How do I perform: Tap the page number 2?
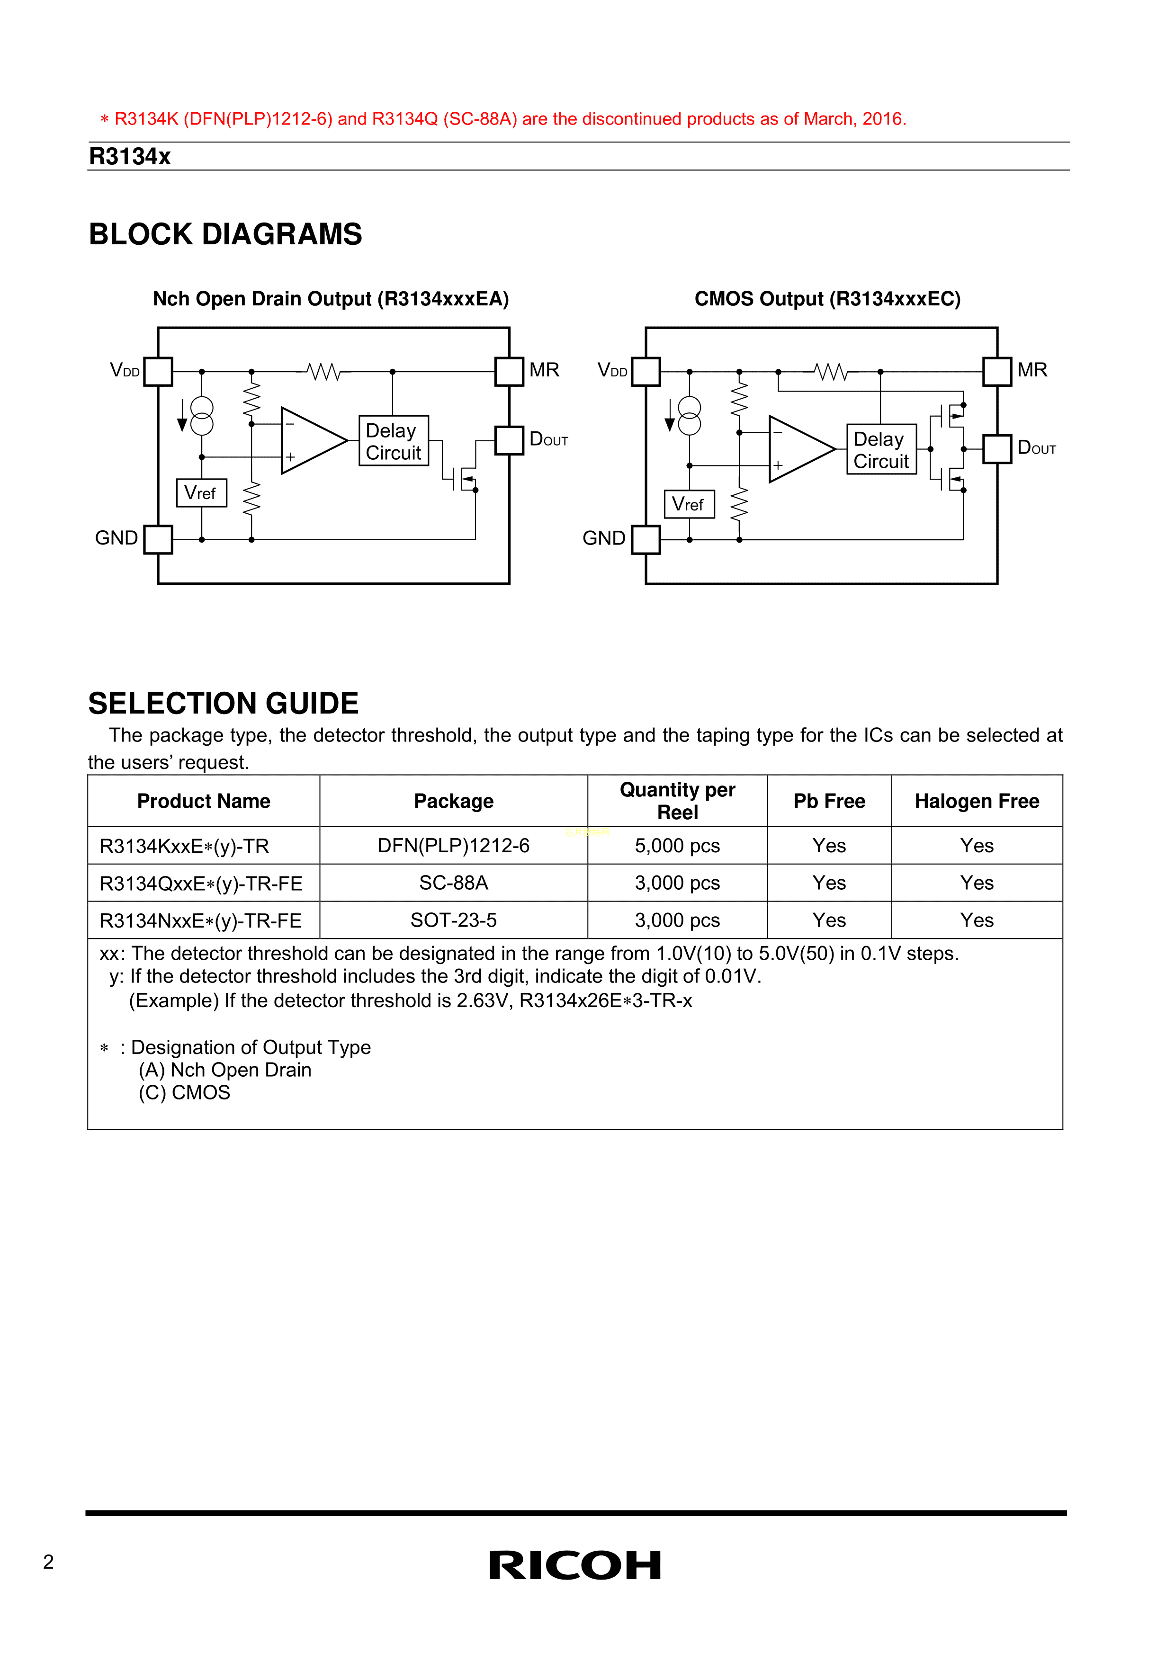tap(48, 1562)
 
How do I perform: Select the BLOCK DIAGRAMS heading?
tap(225, 234)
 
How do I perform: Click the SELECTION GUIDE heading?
tap(223, 703)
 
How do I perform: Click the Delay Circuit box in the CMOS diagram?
tap(881, 449)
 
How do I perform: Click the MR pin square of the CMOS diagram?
tap(997, 371)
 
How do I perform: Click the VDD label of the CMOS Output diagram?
tap(612, 370)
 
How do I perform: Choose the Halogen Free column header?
tap(976, 801)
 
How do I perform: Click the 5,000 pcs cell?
tap(677, 846)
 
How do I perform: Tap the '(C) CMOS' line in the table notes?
tap(185, 1092)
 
